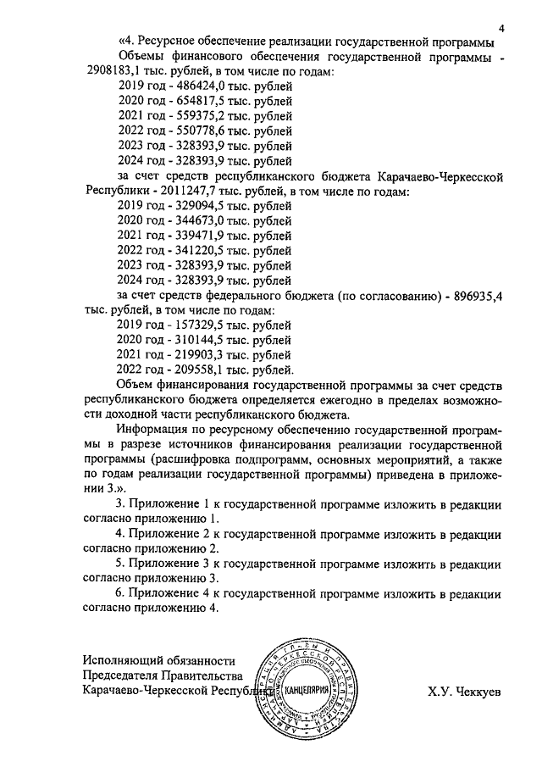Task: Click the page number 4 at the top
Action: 501,28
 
